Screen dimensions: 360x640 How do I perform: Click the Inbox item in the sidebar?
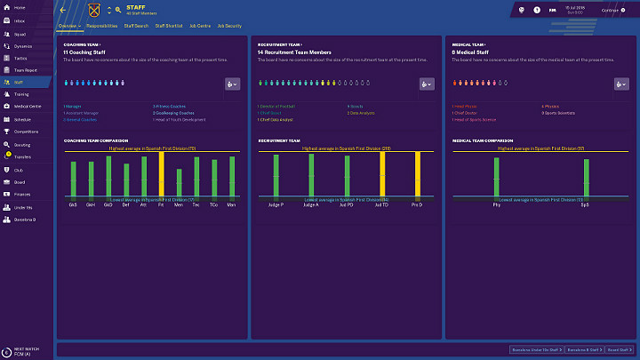tap(20, 19)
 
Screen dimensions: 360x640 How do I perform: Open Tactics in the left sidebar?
tap(20, 57)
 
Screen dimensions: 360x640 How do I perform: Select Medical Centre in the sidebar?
tap(26, 106)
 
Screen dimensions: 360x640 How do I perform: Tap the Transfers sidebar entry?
tap(22, 156)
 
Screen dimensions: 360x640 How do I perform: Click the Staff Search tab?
tap(136, 27)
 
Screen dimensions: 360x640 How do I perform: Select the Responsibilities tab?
tap(102, 27)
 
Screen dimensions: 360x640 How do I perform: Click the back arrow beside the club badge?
tap(63, 11)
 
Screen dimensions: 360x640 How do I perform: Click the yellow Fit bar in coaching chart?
tap(161, 174)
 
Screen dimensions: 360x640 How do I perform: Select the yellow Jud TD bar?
tap(382, 174)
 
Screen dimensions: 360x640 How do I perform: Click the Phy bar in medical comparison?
tap(496, 177)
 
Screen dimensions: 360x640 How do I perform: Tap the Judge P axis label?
tap(276, 204)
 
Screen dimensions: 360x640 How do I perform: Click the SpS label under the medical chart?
tap(584, 204)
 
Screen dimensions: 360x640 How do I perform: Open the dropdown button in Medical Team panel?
tap(620, 84)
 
